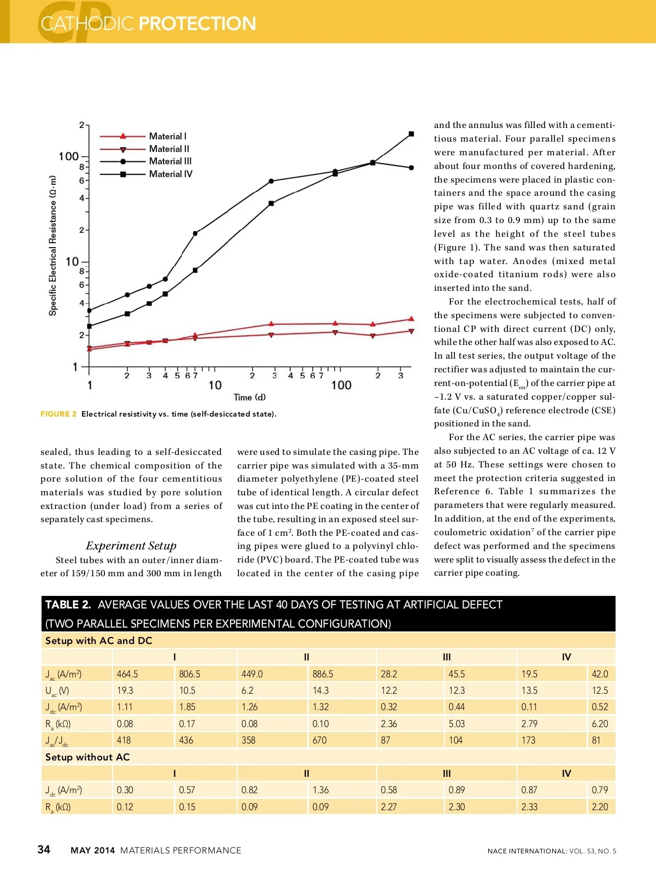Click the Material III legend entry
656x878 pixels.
(x=170, y=161)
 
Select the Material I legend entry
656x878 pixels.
(x=167, y=136)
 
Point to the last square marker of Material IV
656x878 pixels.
(x=412, y=134)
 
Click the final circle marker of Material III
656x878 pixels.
(x=412, y=168)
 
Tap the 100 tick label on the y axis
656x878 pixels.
(x=69, y=157)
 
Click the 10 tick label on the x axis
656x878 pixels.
(x=215, y=385)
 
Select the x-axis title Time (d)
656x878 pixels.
(x=249, y=397)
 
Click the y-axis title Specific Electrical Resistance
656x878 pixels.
(x=53, y=245)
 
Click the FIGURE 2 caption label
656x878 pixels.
(x=58, y=414)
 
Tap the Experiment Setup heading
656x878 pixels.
(x=131, y=546)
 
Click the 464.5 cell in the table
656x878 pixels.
(x=127, y=674)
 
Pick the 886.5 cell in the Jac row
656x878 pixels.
(x=323, y=674)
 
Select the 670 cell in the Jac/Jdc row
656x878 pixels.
(x=320, y=740)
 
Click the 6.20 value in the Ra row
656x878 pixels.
(x=600, y=724)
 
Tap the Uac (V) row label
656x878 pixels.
(x=57, y=691)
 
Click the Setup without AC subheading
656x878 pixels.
(x=87, y=757)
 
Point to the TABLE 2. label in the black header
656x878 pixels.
(x=68, y=605)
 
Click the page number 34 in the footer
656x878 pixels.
(x=44, y=850)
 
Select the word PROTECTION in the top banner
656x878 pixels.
(x=197, y=24)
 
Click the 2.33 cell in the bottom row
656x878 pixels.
(x=529, y=807)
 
